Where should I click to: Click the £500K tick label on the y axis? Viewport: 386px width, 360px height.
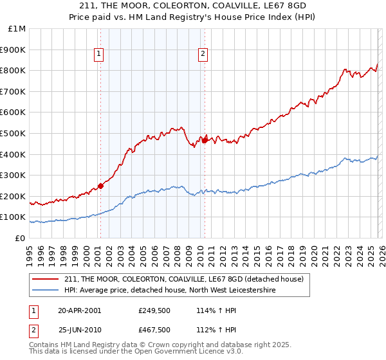[13, 133]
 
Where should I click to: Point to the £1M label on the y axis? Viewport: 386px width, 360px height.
[16, 29]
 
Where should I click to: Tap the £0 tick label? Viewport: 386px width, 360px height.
[20, 238]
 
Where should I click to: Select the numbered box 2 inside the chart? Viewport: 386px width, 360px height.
[203, 55]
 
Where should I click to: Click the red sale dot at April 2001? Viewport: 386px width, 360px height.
[101, 186]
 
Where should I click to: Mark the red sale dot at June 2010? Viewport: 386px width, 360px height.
[205, 140]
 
